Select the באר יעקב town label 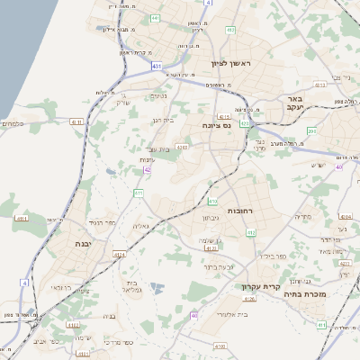pyautogui.click(x=292, y=103)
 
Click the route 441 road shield pyautogui.click(x=156, y=17)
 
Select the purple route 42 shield pyautogui.click(x=147, y=168)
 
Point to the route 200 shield pyautogui.click(x=312, y=131)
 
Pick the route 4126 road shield pyautogui.click(x=250, y=298)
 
